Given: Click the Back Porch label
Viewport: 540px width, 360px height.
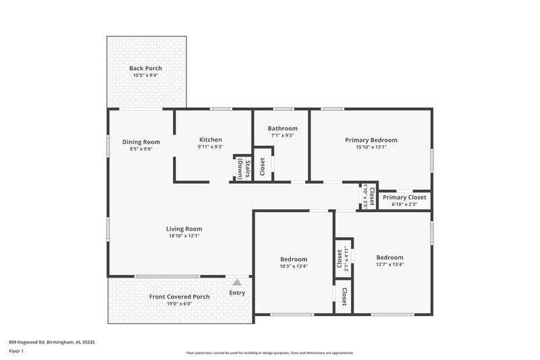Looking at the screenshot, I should [x=146, y=68].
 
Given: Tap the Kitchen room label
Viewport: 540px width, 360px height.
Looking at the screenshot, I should [x=211, y=139].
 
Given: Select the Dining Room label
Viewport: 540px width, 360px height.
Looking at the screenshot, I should [x=141, y=142].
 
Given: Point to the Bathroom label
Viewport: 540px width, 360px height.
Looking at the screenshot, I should [x=282, y=128].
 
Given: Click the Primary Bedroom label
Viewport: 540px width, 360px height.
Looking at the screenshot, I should [x=371, y=140].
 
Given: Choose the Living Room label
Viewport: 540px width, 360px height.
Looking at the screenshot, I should [x=184, y=228].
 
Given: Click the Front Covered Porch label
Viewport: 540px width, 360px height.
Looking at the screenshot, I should [x=179, y=297].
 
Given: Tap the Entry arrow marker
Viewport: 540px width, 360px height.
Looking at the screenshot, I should [x=237, y=283].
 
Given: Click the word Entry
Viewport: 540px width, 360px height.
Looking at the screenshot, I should [x=237, y=292].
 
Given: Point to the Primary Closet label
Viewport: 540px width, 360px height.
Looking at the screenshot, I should [x=405, y=197].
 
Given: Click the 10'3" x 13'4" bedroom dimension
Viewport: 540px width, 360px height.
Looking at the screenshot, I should [x=294, y=266].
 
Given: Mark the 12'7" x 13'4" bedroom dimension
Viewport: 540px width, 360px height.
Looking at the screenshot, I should [x=389, y=265].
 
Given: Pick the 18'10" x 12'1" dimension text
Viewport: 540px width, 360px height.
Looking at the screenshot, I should [x=184, y=236].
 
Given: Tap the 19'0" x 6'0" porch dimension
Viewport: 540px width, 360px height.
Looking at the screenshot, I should [x=179, y=304].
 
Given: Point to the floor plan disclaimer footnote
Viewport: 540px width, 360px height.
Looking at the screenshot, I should [x=269, y=353].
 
